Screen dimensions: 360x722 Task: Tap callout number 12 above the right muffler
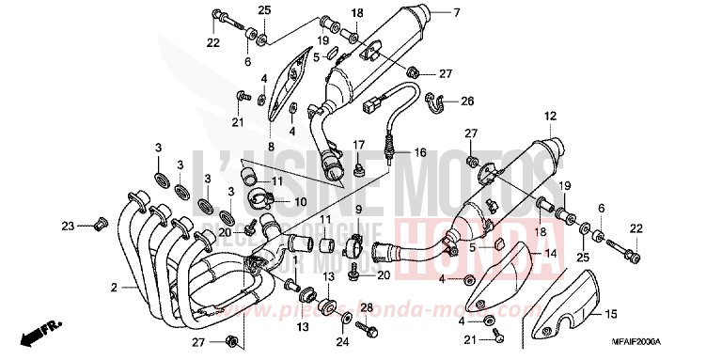(x=550, y=117)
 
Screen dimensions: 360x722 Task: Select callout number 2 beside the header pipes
(x=114, y=287)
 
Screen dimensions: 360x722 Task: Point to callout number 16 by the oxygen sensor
(x=419, y=151)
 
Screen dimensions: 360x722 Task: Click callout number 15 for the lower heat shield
(x=611, y=314)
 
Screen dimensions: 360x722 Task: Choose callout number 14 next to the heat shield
(x=552, y=254)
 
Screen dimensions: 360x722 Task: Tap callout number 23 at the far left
(x=67, y=225)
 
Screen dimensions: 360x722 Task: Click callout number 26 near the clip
(x=466, y=101)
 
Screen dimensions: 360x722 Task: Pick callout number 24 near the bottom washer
(x=341, y=343)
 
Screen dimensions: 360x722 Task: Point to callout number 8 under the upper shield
(x=270, y=147)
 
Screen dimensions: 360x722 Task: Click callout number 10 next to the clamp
(x=301, y=201)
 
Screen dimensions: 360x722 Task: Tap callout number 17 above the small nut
(x=358, y=144)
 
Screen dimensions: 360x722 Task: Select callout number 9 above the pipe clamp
(x=358, y=208)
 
